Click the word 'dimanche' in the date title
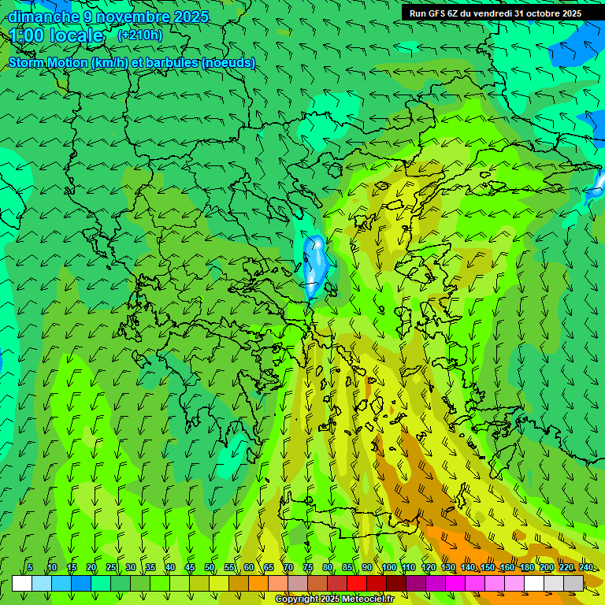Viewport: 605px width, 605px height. [44, 17]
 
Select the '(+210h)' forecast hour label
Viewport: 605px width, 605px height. [139, 35]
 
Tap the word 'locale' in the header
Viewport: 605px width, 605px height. [76, 35]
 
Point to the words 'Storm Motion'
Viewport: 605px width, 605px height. [48, 62]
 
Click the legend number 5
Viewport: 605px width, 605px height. [30, 567]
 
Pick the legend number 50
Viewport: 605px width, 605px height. [210, 567]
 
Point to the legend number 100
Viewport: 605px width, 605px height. [389, 567]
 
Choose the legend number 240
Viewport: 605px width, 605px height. [585, 567]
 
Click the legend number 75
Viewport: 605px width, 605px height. [308, 567]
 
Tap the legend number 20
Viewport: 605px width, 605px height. [91, 567]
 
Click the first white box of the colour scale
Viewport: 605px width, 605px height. [22, 583]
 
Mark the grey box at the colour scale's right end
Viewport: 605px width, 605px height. [573, 583]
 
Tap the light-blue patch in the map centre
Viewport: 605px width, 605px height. [316, 264]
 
